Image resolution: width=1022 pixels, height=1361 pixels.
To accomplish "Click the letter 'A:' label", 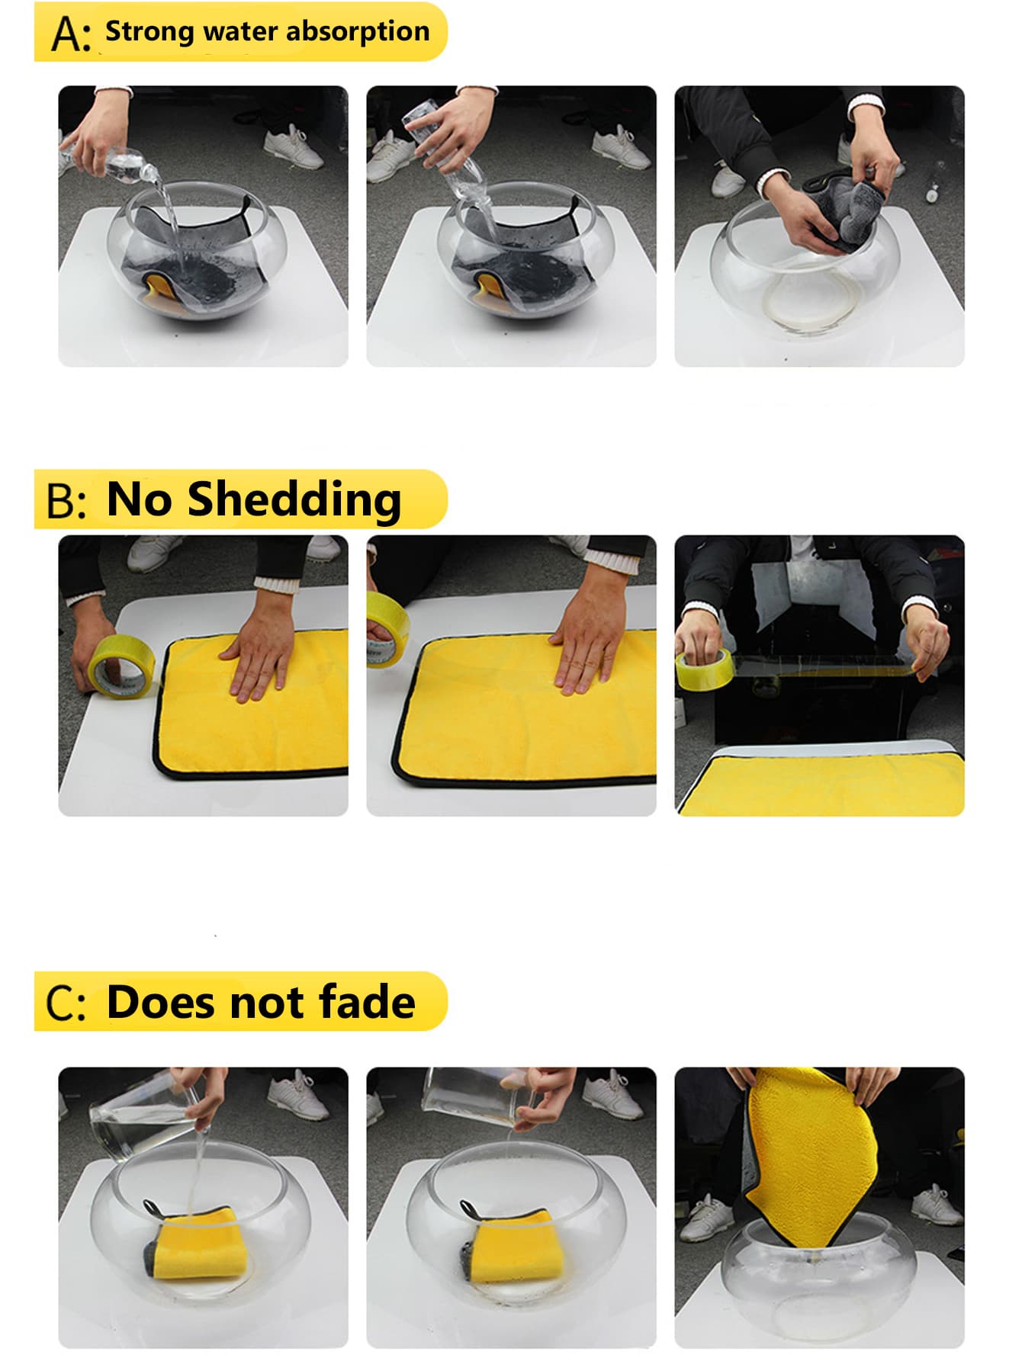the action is tap(71, 34).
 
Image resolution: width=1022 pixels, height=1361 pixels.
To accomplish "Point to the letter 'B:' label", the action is tap(66, 502).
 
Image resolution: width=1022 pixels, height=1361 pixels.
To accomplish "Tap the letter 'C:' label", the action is tap(66, 1003).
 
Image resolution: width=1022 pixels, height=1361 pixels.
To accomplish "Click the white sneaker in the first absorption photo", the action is tap(293, 147).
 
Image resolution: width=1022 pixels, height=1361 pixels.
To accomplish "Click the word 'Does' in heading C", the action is tap(162, 1002).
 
